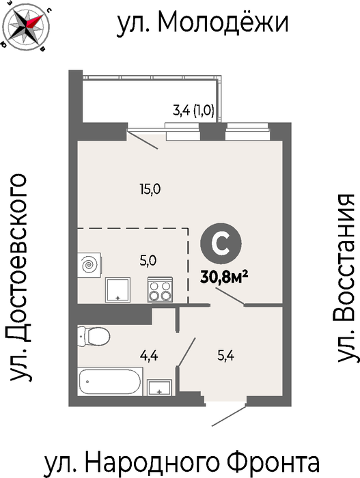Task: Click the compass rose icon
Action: [x=25, y=26]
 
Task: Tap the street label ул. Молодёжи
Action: [x=202, y=23]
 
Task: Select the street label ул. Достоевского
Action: [x=20, y=277]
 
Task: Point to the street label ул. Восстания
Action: [x=346, y=278]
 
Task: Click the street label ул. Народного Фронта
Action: [x=182, y=462]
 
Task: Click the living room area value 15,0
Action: [x=150, y=190]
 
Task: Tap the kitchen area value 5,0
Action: [x=148, y=261]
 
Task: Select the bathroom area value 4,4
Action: [x=149, y=356]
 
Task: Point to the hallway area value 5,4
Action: [x=225, y=356]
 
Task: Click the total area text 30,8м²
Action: [x=224, y=277]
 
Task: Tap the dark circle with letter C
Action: [x=221, y=243]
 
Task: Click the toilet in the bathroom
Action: [x=94, y=337]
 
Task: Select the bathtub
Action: [x=110, y=381]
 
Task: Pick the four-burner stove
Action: [x=160, y=290]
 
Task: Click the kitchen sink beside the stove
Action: [x=117, y=290]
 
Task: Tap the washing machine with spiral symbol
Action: [x=89, y=265]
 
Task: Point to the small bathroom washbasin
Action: [x=159, y=387]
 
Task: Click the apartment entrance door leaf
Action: [x=229, y=415]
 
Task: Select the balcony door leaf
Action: [x=143, y=139]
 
